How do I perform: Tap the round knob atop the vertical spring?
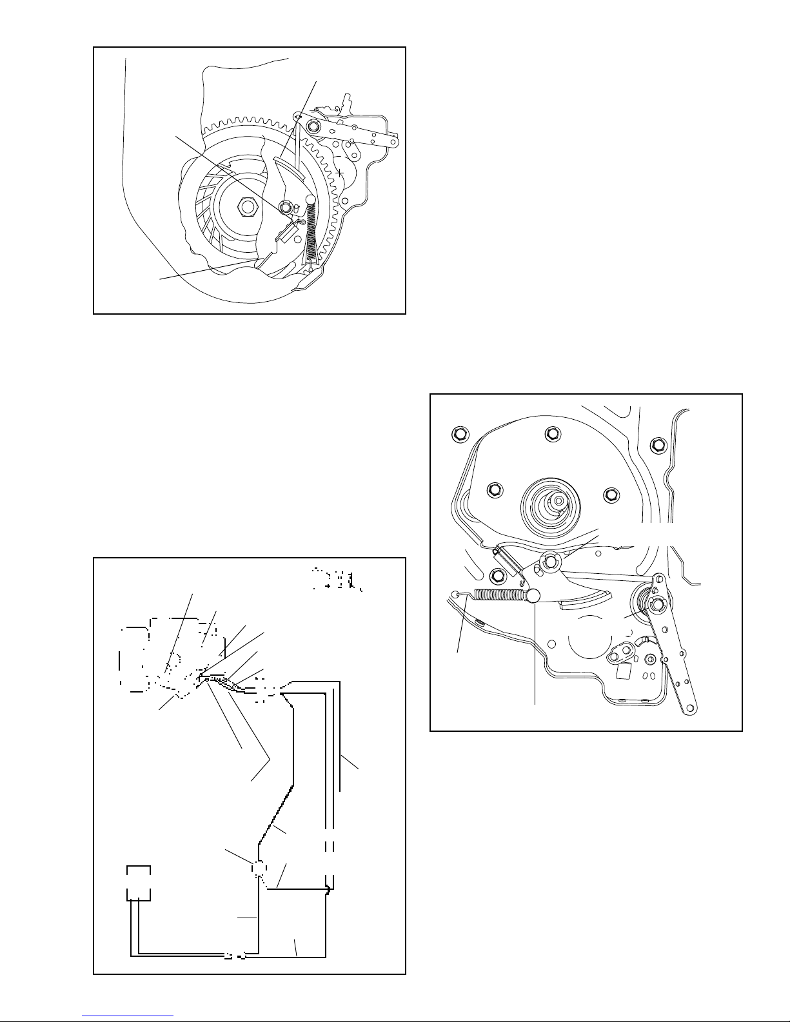point(310,199)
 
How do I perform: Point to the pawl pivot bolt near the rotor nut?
point(285,208)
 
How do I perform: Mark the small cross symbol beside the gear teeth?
point(339,173)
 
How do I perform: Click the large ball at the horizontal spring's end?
point(533,596)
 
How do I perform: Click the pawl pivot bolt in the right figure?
point(549,562)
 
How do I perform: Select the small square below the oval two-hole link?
point(623,671)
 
